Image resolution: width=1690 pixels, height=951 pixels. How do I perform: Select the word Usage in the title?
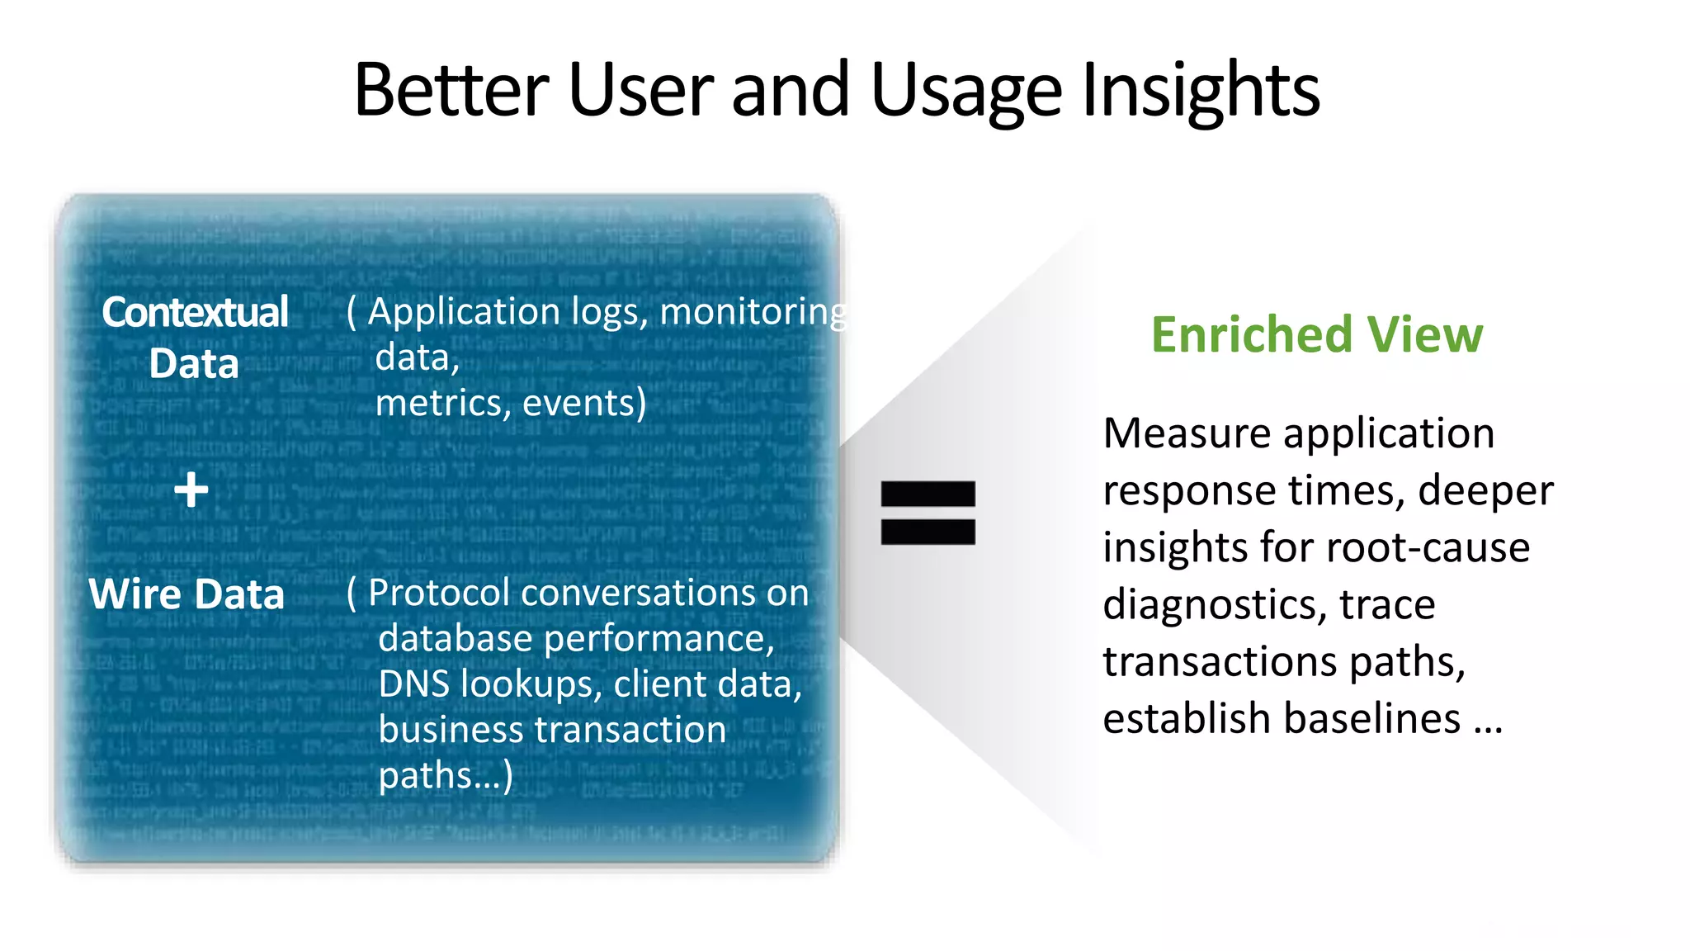[x=966, y=91]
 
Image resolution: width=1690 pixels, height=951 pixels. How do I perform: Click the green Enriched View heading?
[x=1317, y=334]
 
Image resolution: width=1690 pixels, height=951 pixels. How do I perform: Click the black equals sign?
[x=928, y=513]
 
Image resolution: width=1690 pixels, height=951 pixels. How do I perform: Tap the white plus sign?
[x=191, y=490]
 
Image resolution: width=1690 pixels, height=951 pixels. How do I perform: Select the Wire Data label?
[x=186, y=594]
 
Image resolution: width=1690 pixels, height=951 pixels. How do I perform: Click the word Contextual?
[x=195, y=312]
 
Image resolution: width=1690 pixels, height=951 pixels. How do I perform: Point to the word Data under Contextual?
[x=194, y=364]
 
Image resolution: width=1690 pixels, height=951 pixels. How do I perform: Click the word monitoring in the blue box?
[x=753, y=312]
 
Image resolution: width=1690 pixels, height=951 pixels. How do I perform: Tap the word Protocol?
[x=438, y=593]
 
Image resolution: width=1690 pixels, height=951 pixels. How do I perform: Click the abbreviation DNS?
[x=414, y=684]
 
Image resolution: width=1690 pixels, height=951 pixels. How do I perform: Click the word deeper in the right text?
[x=1485, y=491]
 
